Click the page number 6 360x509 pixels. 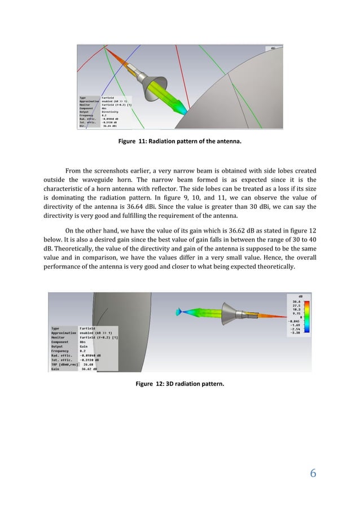tap(312, 472)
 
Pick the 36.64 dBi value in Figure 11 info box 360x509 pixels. tap(111, 126)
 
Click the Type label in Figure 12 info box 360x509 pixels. tap(55, 328)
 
